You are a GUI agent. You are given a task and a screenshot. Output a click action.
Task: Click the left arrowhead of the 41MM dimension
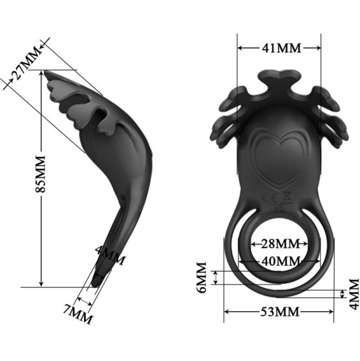[240, 48]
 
